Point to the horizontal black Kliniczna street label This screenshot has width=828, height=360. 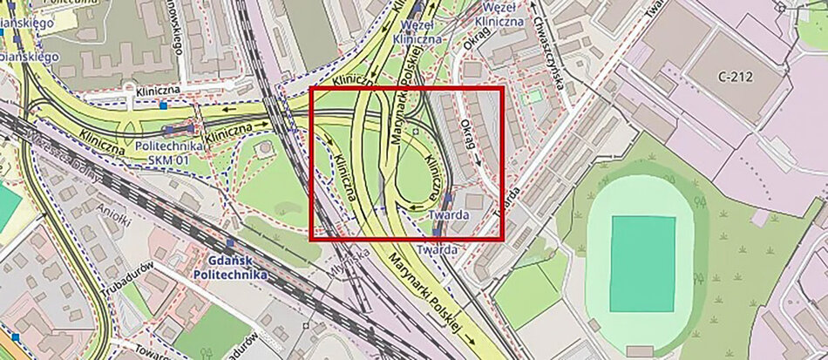click(x=157, y=90)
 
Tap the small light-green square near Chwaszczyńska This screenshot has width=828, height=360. click(x=533, y=96)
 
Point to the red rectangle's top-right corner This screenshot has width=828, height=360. click(x=503, y=88)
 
